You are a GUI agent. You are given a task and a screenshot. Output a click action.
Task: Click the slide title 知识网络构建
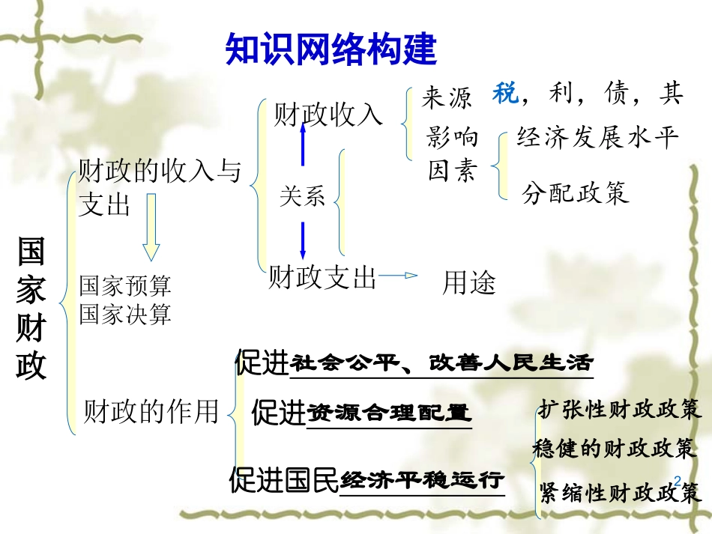point(331,49)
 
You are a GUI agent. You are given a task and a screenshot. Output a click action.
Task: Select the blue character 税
point(505,94)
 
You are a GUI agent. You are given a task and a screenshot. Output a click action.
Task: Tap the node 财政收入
point(328,115)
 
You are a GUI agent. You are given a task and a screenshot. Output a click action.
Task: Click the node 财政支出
point(322,278)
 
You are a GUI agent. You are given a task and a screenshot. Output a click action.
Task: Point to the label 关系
point(303,197)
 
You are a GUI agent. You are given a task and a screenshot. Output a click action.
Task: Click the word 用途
point(469,283)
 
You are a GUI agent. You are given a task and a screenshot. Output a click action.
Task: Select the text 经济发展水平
point(597,137)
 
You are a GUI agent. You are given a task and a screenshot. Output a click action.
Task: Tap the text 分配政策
point(576,193)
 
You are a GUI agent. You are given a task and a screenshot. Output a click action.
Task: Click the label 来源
point(447,97)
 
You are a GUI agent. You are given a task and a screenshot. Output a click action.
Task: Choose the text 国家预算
point(125,285)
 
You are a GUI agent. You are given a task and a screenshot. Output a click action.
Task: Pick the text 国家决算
point(125,314)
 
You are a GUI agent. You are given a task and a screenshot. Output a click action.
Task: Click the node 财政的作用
point(151,411)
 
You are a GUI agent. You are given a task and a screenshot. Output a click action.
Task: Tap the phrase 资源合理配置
point(390,413)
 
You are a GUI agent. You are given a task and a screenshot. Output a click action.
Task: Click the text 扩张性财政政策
point(619,409)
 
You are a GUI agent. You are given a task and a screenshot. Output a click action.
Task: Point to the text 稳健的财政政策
point(615,448)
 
